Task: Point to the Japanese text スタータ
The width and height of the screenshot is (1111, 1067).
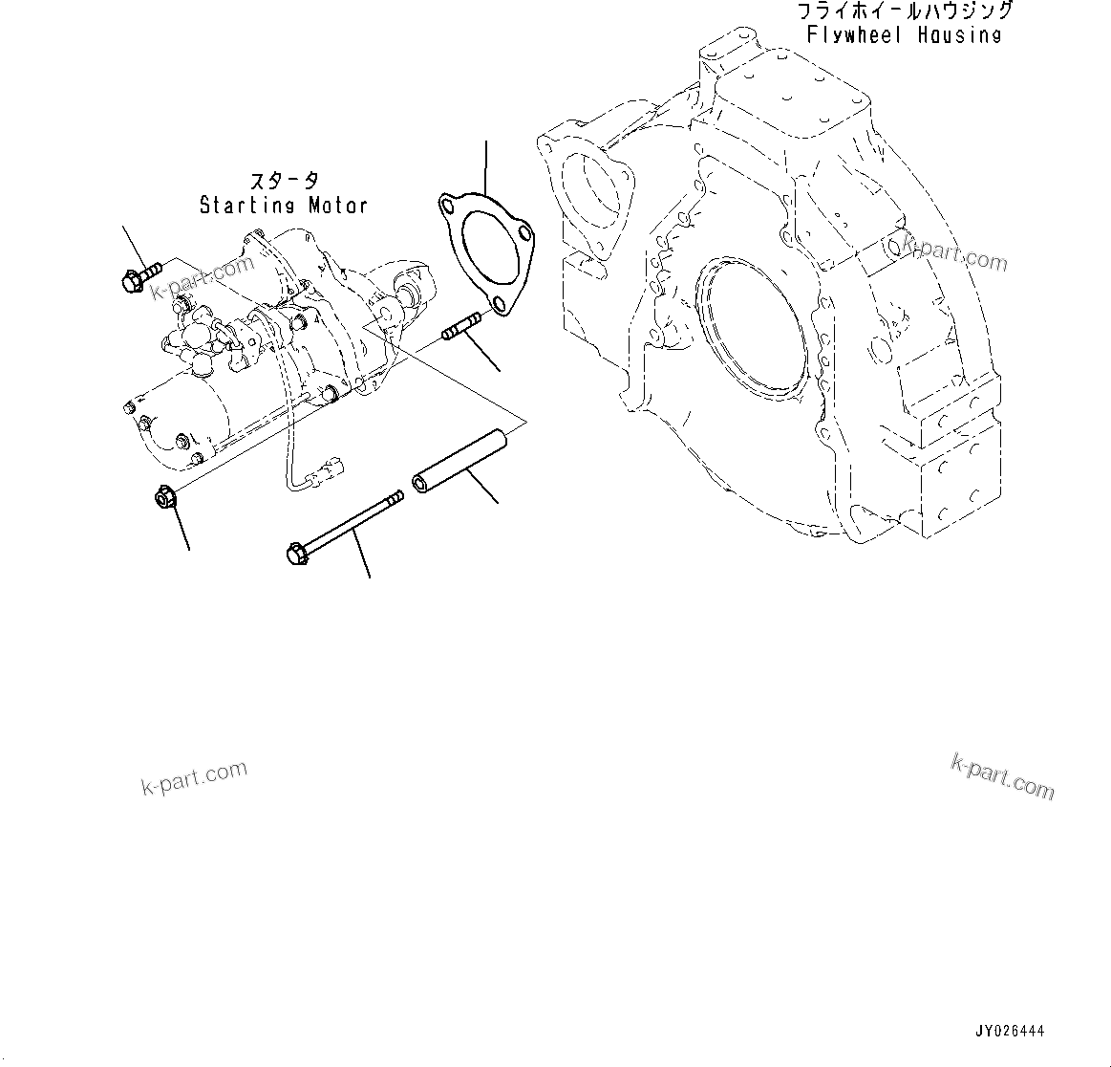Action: coord(285,181)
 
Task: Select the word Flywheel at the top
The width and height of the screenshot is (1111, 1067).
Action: coord(855,35)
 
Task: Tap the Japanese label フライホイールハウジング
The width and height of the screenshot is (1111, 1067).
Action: coord(904,11)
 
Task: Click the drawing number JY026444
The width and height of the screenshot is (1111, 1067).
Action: coord(1010,1032)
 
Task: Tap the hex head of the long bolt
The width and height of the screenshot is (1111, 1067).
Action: coord(295,552)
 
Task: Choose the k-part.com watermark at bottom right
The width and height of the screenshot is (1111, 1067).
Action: coord(1003,775)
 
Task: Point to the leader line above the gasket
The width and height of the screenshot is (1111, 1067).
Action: coord(486,167)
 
